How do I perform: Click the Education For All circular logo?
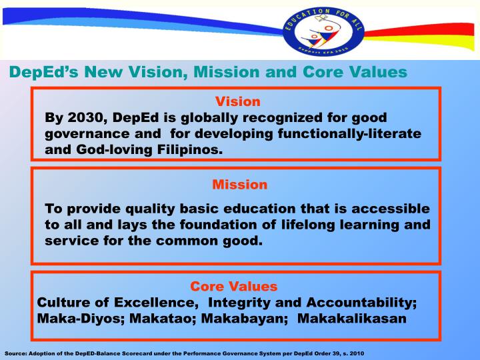click(x=325, y=31)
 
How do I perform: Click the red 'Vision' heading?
click(x=237, y=102)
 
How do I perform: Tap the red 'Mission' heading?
click(x=239, y=184)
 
